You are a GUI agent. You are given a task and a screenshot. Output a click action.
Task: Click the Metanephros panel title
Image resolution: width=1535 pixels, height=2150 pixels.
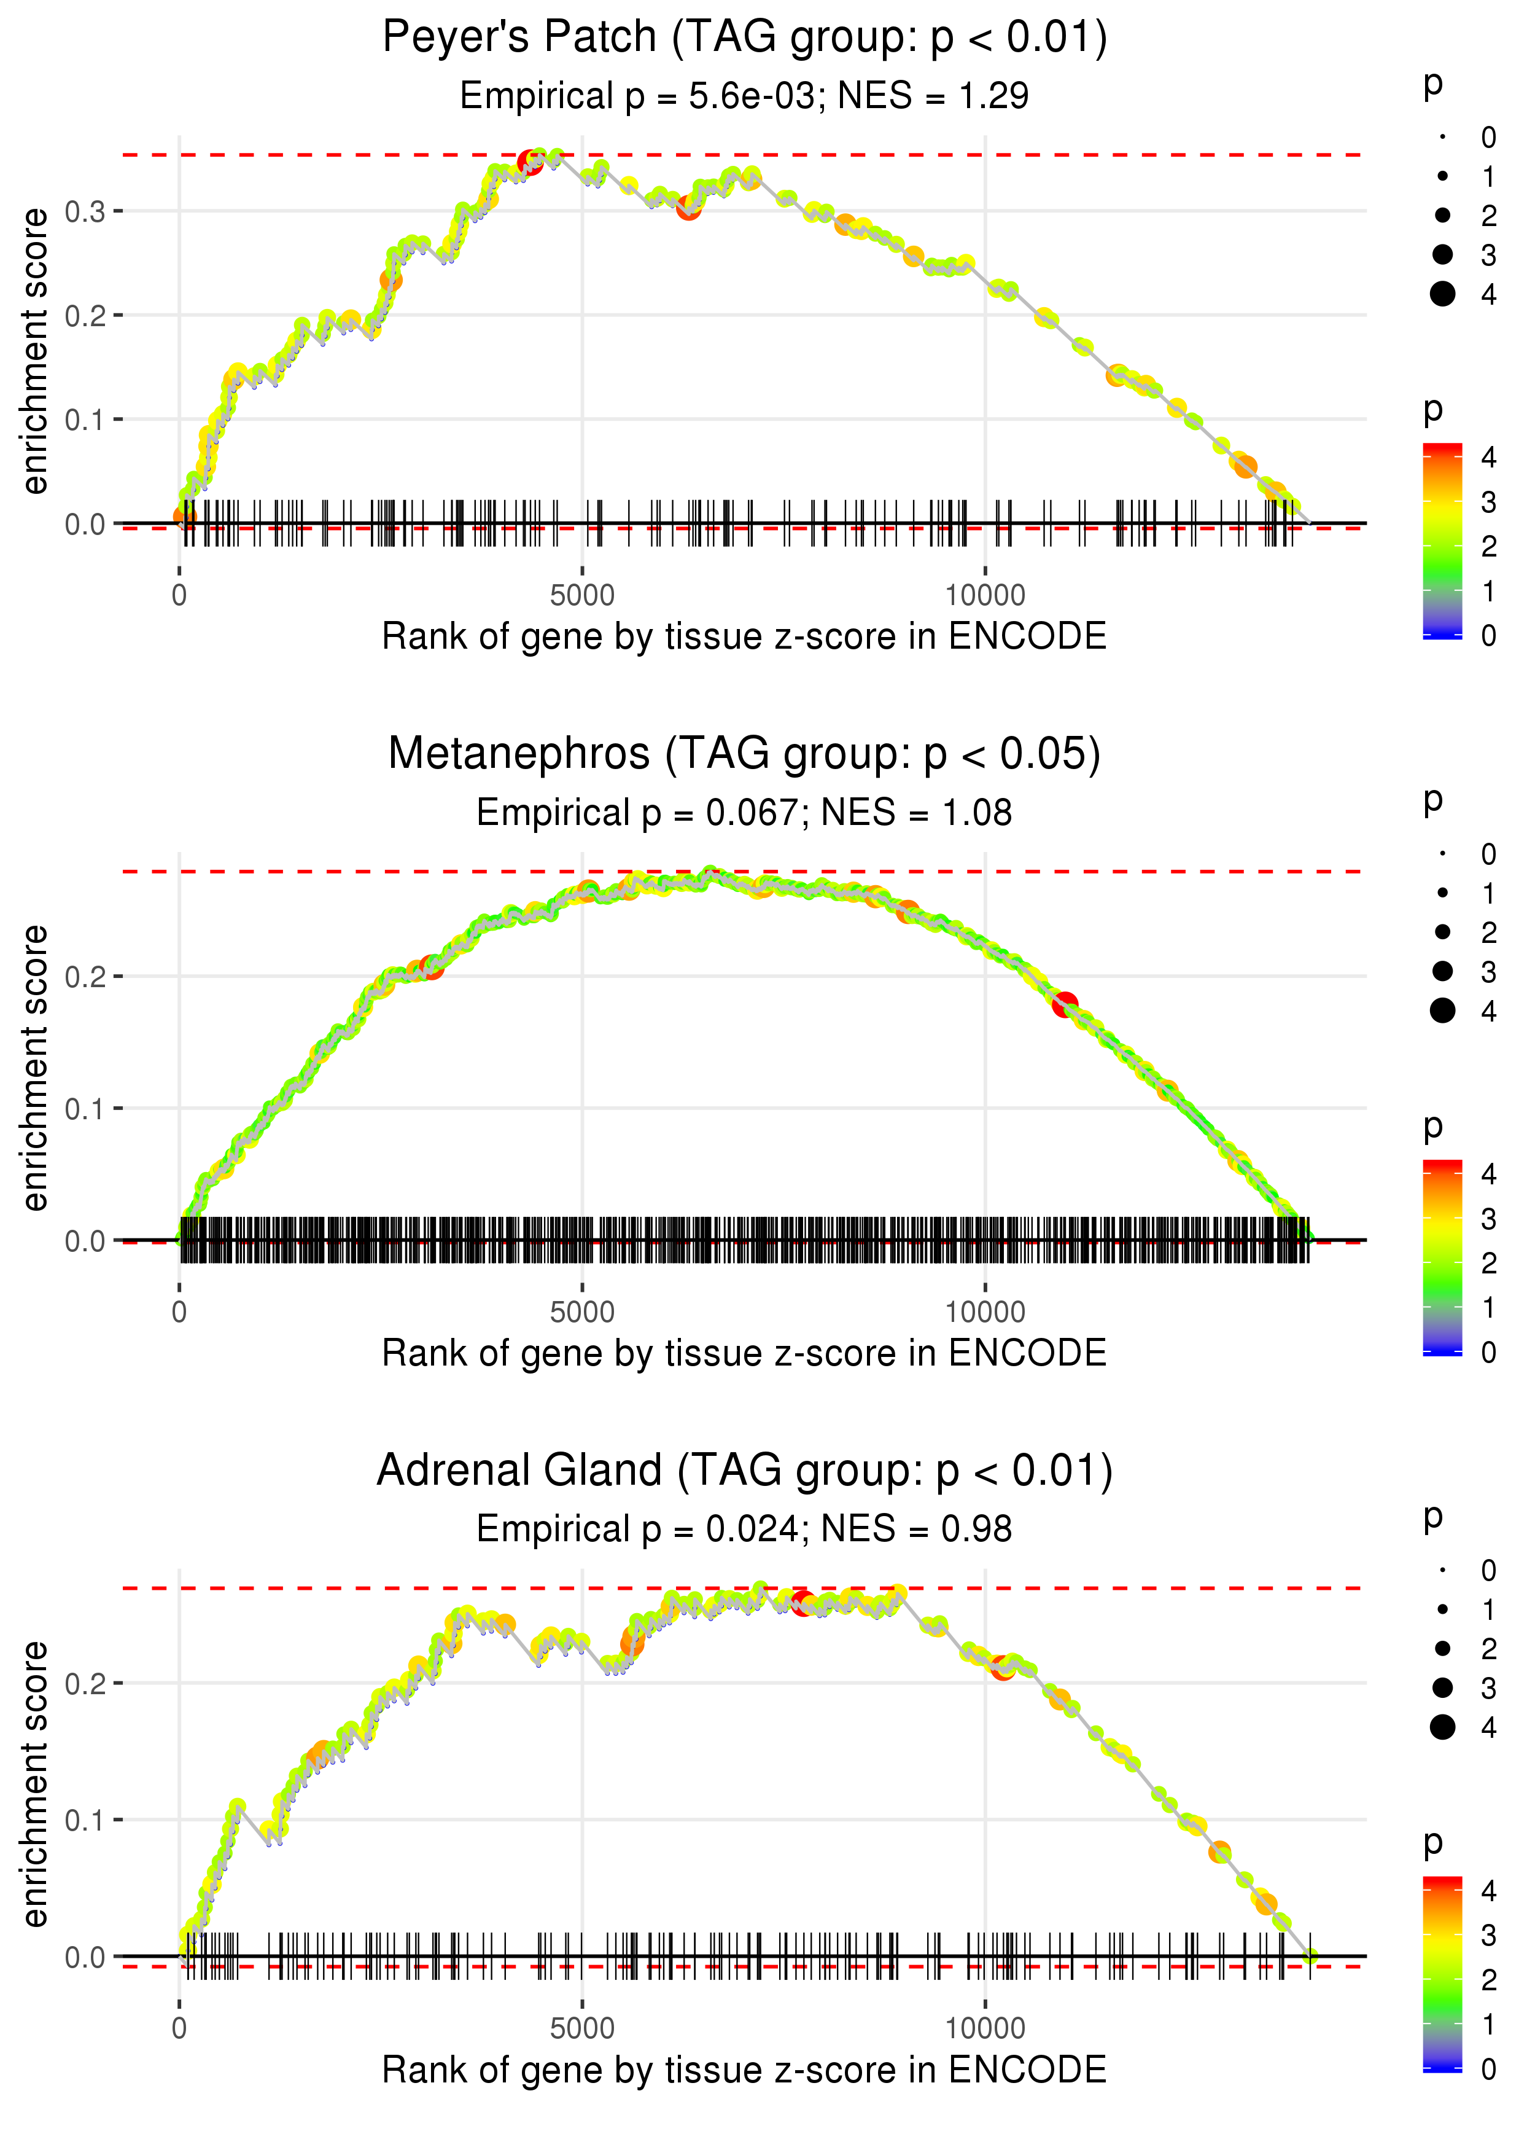[744, 754]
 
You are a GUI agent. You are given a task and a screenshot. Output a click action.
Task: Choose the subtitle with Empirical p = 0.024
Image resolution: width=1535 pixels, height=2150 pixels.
[637, 1530]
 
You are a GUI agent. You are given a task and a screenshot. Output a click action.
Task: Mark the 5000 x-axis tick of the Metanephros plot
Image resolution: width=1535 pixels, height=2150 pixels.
[582, 1312]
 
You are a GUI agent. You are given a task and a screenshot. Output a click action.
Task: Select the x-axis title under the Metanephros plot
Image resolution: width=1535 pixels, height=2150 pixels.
[744, 1353]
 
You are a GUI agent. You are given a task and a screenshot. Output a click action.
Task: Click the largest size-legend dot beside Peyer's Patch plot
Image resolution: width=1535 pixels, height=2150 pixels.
[1442, 294]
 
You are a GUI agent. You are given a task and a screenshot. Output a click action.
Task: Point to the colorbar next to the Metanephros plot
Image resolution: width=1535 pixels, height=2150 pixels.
[1442, 1257]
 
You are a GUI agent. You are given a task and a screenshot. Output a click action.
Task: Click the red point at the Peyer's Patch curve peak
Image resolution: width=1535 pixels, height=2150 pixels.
[530, 163]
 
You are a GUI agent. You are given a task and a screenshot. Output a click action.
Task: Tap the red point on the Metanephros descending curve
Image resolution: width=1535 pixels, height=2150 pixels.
[1065, 1004]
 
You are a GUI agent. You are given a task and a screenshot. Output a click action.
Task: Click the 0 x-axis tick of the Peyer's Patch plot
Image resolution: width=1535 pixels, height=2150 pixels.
[179, 596]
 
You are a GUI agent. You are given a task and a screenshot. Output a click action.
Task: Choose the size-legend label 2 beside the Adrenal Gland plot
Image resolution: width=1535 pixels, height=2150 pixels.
[1489, 1649]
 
